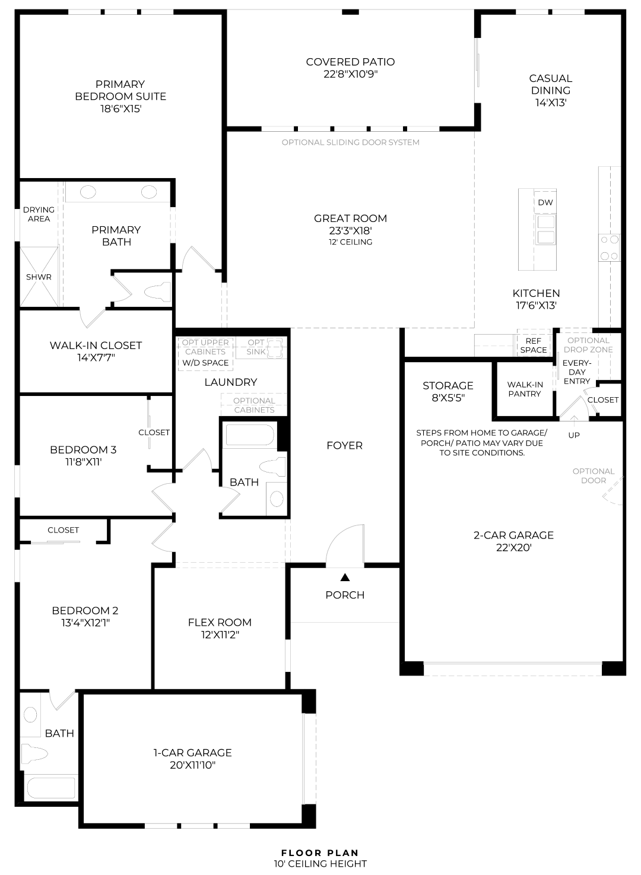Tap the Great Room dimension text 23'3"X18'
tap(350, 230)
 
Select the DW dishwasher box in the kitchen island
tap(545, 202)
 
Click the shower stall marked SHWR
tap(39, 277)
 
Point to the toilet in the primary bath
tap(158, 291)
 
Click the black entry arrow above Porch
tap(345, 577)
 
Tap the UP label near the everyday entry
tap(574, 435)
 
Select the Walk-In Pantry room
tap(525, 389)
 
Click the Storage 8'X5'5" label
tap(448, 391)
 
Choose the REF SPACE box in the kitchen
tap(533, 345)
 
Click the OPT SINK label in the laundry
tap(256, 347)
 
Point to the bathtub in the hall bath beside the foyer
tap(250, 435)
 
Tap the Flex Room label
tap(220, 622)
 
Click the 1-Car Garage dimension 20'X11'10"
tap(192, 765)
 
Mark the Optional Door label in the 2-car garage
tap(594, 475)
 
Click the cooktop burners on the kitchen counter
tap(610, 248)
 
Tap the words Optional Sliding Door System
tap(350, 142)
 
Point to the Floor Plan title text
tap(320, 852)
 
